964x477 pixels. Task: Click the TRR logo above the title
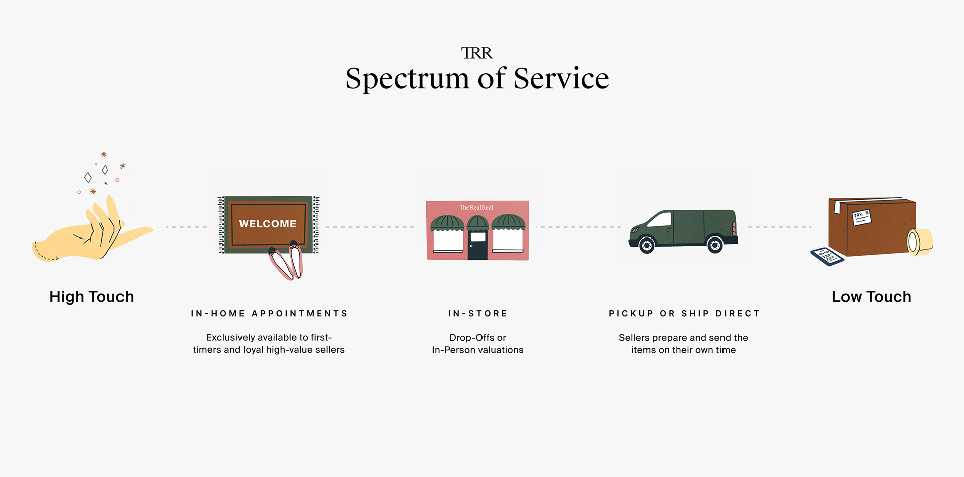coord(476,53)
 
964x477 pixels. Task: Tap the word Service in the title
coord(561,79)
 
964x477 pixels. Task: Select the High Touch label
coord(91,297)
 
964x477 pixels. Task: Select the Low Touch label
coord(871,297)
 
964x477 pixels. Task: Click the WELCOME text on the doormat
coord(268,224)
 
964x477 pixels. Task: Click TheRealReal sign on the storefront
coord(476,207)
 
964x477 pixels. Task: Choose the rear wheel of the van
coord(714,245)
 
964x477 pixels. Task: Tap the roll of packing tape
coord(919,242)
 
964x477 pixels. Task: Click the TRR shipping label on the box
coord(861,217)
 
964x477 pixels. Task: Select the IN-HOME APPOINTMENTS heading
coord(269,314)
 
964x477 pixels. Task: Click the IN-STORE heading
coord(477,314)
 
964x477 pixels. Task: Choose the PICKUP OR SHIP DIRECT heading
coord(684,314)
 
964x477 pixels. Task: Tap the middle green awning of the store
coord(477,223)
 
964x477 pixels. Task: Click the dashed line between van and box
coord(779,227)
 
